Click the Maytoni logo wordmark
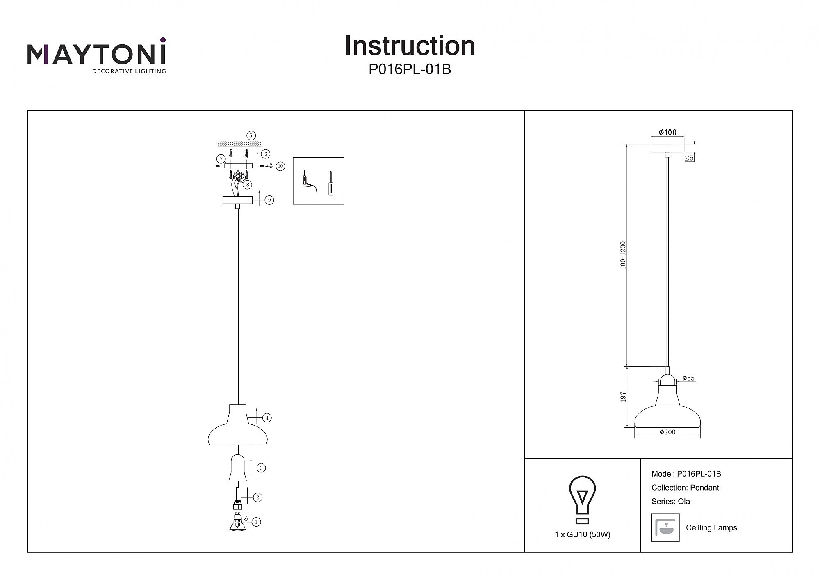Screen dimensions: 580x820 (x=96, y=55)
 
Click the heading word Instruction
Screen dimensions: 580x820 (x=410, y=46)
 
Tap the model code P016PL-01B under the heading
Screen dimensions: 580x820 (x=410, y=70)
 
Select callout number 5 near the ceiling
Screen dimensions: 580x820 (x=251, y=135)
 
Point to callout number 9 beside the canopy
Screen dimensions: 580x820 (x=269, y=200)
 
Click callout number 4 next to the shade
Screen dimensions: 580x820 (x=267, y=418)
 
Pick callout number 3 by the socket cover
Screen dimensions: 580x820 (x=261, y=468)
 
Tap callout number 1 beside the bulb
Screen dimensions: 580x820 (x=256, y=522)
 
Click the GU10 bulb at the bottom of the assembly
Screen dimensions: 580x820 (x=237, y=523)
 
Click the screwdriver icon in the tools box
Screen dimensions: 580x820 (x=330, y=183)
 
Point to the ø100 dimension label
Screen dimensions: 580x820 (x=667, y=132)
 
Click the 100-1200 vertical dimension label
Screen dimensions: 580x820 (x=623, y=255)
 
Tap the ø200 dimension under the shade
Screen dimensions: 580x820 (x=667, y=432)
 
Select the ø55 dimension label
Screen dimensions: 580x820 (x=688, y=378)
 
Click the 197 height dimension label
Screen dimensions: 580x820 (x=623, y=397)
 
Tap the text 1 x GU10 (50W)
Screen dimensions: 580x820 (x=582, y=534)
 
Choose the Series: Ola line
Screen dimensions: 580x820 (x=670, y=501)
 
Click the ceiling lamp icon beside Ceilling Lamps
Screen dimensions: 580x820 (x=665, y=527)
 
